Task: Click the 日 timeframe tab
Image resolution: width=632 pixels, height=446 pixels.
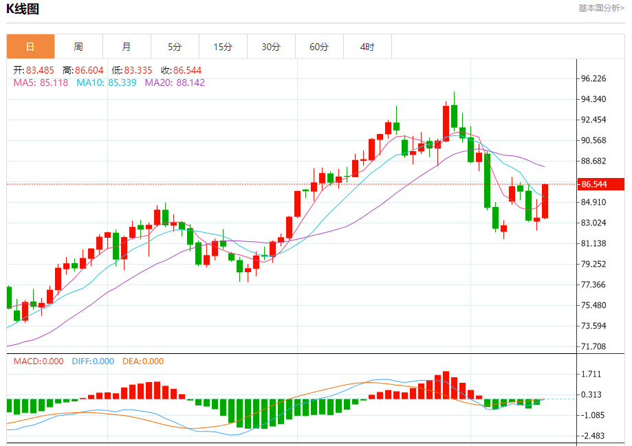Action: tap(30, 47)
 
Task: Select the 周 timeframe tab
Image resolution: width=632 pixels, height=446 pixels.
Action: tap(78, 47)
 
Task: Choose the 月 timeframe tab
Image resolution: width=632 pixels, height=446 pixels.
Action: tap(127, 47)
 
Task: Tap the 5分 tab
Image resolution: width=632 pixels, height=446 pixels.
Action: tap(175, 47)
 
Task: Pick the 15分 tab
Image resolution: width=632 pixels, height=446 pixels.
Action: tap(223, 47)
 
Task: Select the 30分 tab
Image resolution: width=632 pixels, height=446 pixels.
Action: tap(271, 47)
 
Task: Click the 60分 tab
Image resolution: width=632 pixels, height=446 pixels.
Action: tap(319, 47)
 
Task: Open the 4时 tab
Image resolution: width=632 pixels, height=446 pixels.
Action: tap(367, 47)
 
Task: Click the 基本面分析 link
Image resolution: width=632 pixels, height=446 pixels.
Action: tap(601, 8)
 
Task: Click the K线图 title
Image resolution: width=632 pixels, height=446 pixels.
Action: tap(24, 9)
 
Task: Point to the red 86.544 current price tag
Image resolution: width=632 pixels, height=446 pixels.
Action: tap(600, 184)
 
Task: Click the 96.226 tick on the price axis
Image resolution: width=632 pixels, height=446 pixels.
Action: tap(593, 78)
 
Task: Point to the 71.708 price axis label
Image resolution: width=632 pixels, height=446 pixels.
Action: tap(593, 346)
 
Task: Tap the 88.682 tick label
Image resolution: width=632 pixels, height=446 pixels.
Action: tap(593, 161)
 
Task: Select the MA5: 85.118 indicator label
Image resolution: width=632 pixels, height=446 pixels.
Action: tap(41, 82)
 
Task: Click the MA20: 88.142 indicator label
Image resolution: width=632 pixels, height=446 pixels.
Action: tap(175, 82)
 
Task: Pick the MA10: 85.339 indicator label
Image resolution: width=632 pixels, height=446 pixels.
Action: tap(107, 82)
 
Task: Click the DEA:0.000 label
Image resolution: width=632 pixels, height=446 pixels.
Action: tap(143, 361)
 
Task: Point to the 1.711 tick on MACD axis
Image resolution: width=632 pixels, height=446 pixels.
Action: tap(591, 375)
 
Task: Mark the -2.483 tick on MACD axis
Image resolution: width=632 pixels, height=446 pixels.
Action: tap(591, 436)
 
